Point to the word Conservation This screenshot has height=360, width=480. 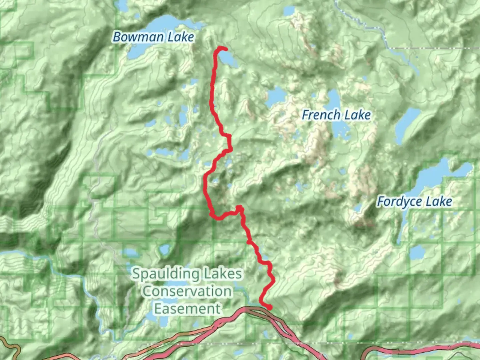(187, 291)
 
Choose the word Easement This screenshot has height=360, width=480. (187, 309)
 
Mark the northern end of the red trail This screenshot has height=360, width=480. (225, 49)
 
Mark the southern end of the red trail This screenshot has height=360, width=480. (270, 307)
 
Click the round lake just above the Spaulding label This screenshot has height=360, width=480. (164, 249)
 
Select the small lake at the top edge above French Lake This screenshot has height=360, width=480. (288, 12)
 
